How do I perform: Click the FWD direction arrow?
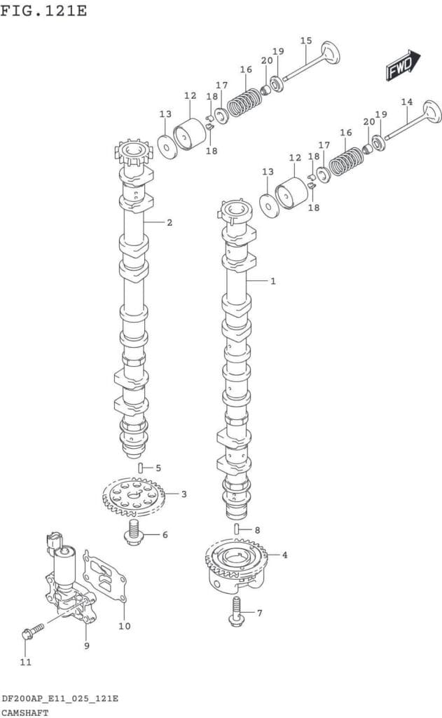(403, 65)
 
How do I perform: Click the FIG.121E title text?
(43, 10)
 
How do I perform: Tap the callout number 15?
(306, 41)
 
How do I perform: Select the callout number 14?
(407, 102)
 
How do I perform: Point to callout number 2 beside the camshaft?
(170, 222)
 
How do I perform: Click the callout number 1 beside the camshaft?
(272, 280)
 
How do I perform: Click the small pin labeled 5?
(141, 468)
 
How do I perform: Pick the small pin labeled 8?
(237, 529)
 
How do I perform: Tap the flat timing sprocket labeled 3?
(133, 497)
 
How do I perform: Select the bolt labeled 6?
(134, 533)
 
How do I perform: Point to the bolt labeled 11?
(32, 630)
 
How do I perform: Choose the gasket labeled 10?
(104, 576)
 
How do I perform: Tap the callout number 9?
(86, 646)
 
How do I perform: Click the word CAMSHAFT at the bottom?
(25, 713)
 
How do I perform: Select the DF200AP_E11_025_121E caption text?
(60, 698)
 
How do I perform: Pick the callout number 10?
(125, 626)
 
